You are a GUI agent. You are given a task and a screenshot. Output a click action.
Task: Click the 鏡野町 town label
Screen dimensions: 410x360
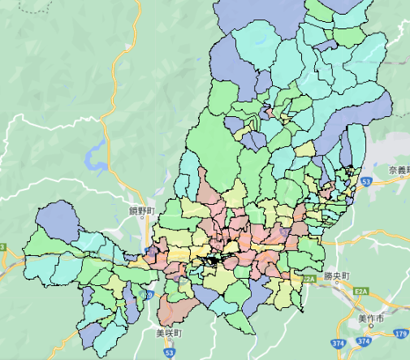click(140, 210)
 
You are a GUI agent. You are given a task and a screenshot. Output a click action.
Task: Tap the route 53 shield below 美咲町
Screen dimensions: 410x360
click(169, 353)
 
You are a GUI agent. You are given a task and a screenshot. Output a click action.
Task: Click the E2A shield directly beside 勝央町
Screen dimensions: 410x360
click(308, 279)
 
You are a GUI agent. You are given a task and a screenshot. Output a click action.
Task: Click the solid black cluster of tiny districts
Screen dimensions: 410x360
click(214, 262)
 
